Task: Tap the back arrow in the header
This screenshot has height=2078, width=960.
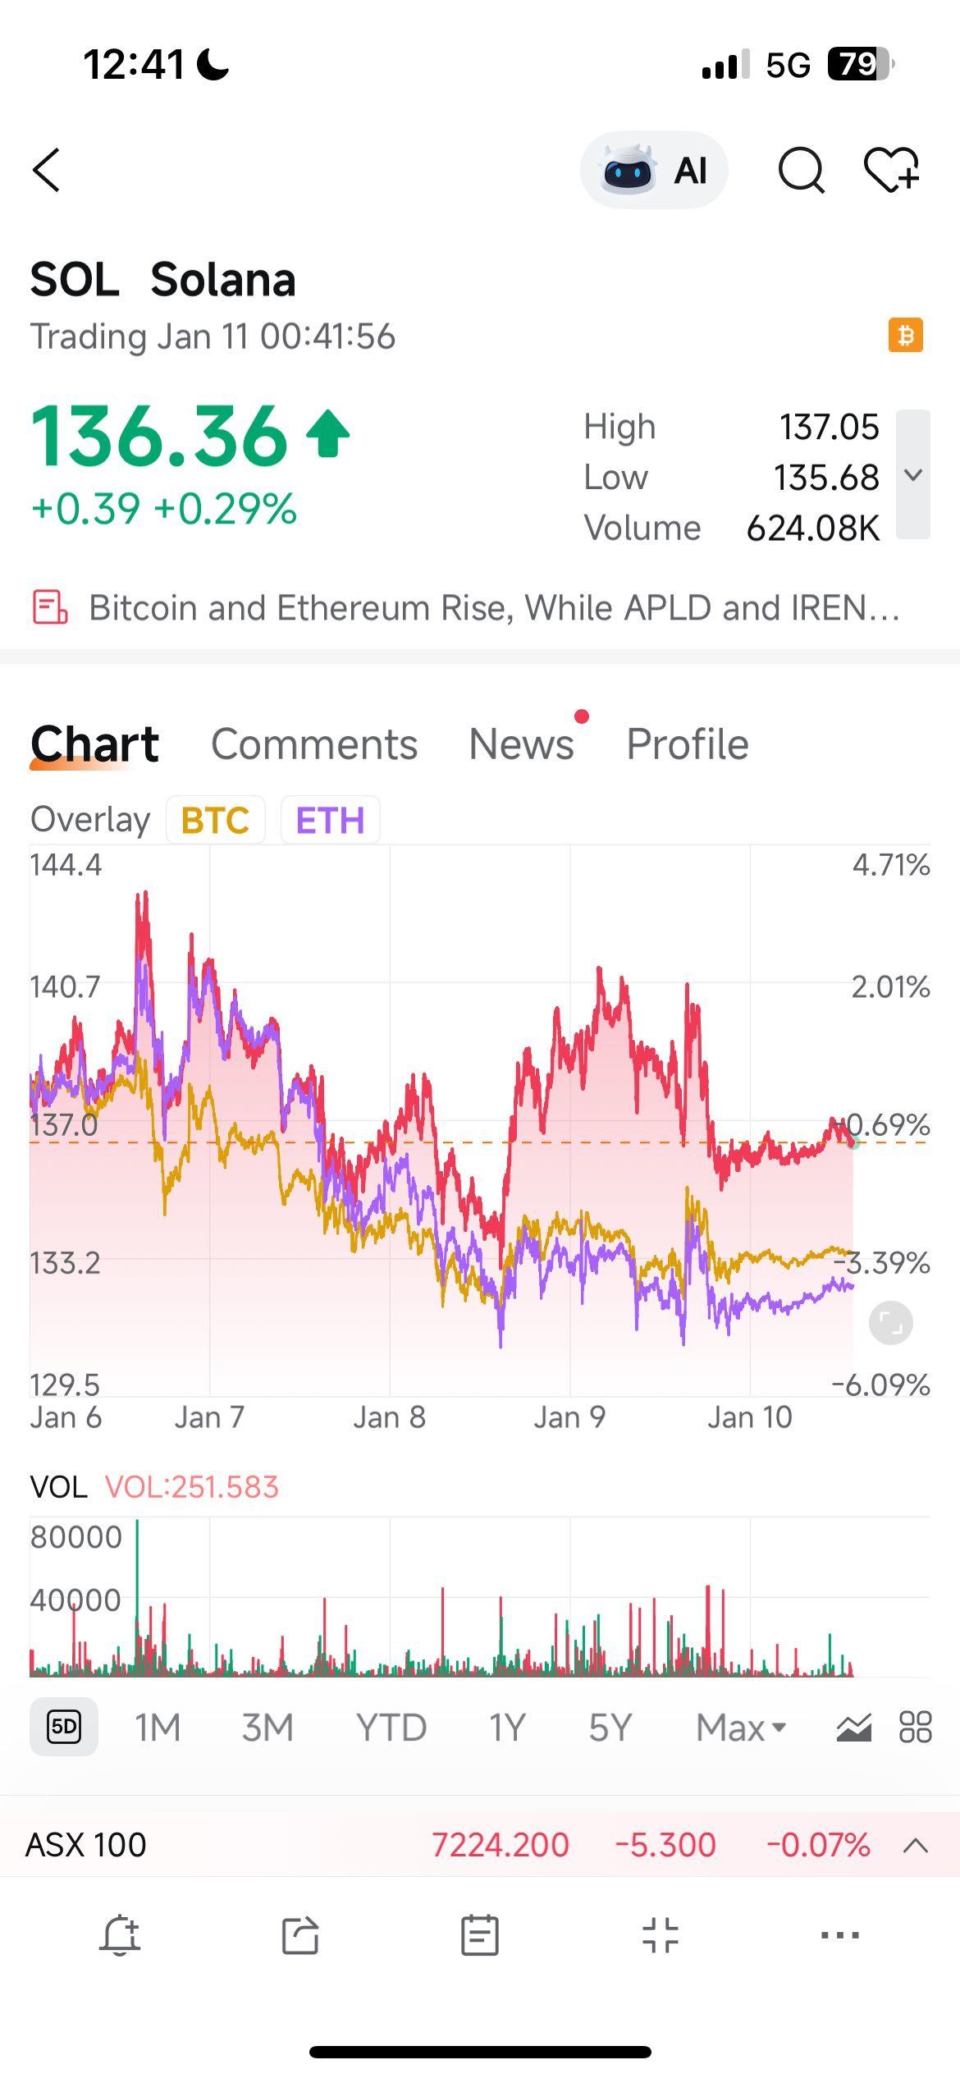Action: [47, 170]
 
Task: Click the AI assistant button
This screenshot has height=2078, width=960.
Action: [654, 171]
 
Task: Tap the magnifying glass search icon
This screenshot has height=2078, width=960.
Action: [801, 170]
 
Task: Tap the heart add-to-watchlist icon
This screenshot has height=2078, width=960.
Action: [891, 170]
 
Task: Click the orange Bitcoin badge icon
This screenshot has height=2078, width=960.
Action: [905, 335]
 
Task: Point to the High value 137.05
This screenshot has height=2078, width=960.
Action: [829, 427]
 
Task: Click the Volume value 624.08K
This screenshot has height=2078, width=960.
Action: [812, 529]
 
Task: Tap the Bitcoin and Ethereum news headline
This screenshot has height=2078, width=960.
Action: [492, 608]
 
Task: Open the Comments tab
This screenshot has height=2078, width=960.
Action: [314, 744]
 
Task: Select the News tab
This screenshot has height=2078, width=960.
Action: [521, 744]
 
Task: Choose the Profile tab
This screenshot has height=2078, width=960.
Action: [688, 744]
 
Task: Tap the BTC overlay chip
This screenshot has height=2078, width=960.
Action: [215, 820]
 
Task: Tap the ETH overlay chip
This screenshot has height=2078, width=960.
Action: [330, 820]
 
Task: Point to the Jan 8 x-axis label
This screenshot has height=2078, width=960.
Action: [390, 1417]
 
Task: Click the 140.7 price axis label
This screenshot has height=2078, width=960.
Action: [65, 986]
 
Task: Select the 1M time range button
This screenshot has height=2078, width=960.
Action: [158, 1728]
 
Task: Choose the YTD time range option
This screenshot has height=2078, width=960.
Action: [391, 1728]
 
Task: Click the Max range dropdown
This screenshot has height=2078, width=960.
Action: [740, 1728]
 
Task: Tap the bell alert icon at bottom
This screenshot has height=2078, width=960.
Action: [120, 1935]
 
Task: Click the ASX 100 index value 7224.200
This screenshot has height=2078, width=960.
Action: [500, 1846]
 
